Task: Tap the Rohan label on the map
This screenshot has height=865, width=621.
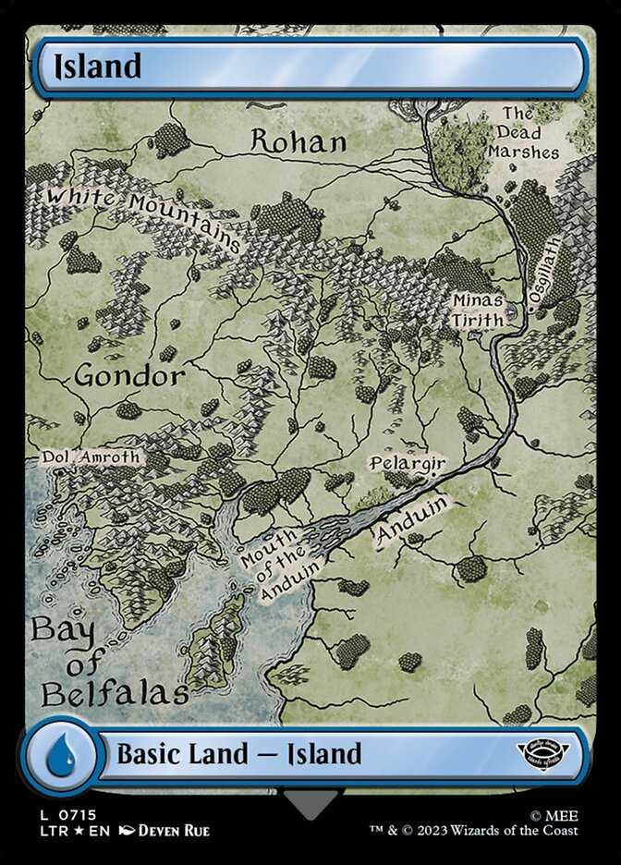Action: pos(298,141)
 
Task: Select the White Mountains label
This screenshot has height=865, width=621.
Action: pos(143,216)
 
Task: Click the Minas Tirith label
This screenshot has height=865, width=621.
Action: pos(478,311)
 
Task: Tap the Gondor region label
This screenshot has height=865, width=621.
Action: pos(129,376)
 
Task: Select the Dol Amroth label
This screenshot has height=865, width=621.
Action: pos(91,457)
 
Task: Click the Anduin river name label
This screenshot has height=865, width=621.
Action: pos(412,523)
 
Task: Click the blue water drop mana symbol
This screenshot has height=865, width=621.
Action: pos(60,754)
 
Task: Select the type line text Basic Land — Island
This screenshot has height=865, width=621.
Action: pos(238,754)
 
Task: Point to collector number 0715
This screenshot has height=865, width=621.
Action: pos(77,814)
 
